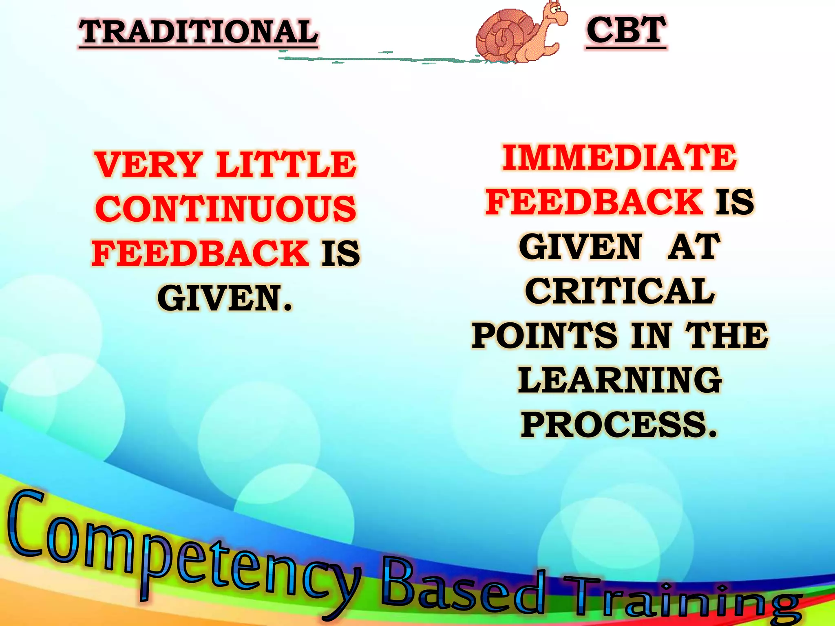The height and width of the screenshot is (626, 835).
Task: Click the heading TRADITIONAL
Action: [198, 32]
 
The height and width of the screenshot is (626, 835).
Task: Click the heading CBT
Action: [626, 30]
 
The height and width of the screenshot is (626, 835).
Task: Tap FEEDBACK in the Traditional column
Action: [200, 253]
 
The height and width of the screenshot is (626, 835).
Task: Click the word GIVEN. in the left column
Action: [225, 298]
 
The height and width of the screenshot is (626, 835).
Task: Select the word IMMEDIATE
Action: [620, 158]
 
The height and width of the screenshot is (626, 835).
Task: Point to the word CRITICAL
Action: [620, 291]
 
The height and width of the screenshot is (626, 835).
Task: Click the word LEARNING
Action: [620, 380]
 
